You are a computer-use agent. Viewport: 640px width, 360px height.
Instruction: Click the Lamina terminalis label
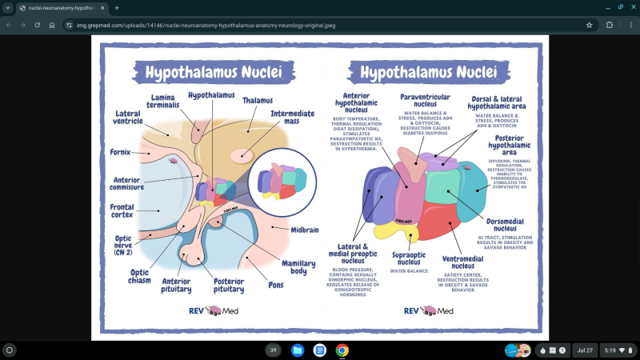click(x=162, y=102)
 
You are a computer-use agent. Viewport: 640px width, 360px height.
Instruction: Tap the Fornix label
click(x=120, y=151)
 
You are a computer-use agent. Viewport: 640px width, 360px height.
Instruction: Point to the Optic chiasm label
click(x=140, y=276)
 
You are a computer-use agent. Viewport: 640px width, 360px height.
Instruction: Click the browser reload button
click(x=37, y=25)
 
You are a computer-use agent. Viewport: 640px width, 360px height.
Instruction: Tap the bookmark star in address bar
click(x=589, y=25)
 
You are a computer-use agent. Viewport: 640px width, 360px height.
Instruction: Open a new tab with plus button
click(x=117, y=7)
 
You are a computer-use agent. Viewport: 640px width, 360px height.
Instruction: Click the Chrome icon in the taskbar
click(x=342, y=350)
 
